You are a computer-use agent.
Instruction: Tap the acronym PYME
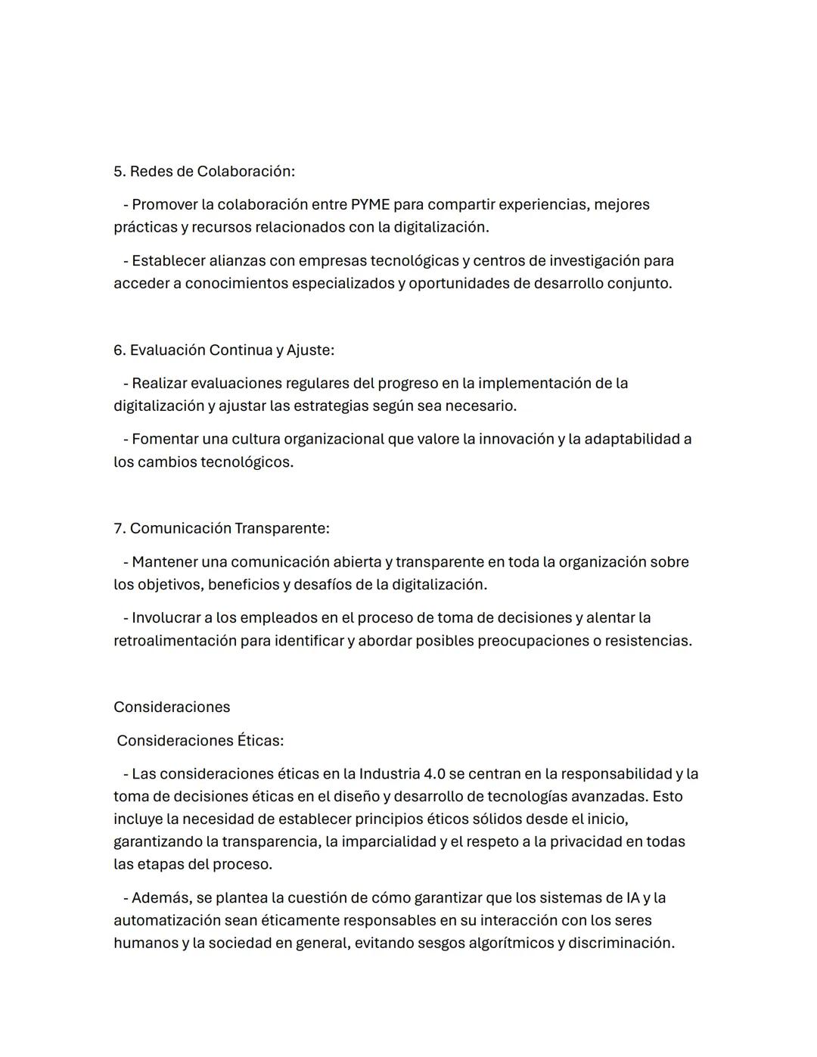pyautogui.click(x=370, y=205)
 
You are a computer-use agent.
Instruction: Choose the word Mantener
pyautogui.click(x=164, y=562)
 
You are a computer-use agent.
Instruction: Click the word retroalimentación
pyautogui.click(x=174, y=641)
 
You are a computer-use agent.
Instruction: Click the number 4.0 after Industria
pyautogui.click(x=435, y=774)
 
